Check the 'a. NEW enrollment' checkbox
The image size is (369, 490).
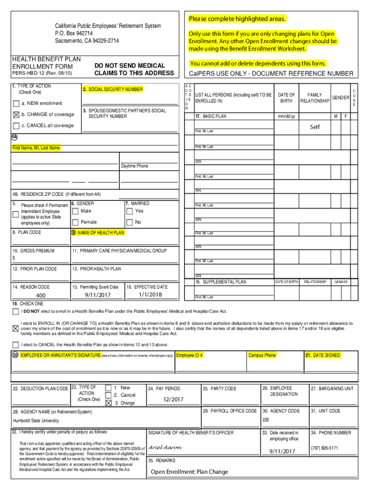(x=16, y=103)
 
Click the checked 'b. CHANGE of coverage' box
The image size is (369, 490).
(x=16, y=114)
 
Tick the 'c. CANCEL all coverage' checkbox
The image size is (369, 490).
(x=16, y=125)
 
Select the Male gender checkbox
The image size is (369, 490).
(x=75, y=211)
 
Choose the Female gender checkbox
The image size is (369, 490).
(x=75, y=222)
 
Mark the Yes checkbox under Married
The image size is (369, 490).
(x=129, y=211)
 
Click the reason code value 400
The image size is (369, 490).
(x=41, y=295)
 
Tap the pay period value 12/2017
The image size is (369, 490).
(x=173, y=399)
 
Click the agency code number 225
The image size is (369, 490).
(x=266, y=420)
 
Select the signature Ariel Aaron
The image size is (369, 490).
(x=165, y=447)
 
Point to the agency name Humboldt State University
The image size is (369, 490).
(x=36, y=421)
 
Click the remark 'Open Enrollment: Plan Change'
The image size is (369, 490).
(x=190, y=472)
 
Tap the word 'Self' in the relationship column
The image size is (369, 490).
(x=314, y=127)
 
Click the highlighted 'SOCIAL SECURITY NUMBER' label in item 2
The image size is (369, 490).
(x=112, y=89)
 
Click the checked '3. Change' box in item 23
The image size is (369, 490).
(x=109, y=403)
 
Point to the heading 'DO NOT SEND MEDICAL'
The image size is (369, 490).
(x=129, y=66)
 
